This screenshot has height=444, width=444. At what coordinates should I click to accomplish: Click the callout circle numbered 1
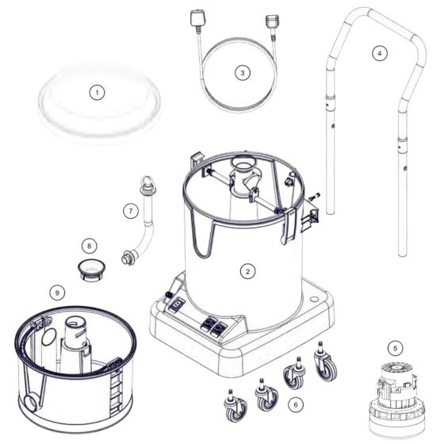point(97,92)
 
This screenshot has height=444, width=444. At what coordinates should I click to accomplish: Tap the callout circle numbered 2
point(247,271)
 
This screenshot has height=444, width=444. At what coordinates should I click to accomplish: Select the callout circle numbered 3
point(243,73)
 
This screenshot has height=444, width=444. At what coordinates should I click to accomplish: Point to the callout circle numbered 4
point(380,53)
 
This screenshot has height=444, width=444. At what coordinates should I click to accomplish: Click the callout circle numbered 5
point(396,348)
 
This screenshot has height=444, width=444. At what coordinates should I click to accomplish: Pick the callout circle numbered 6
point(296,404)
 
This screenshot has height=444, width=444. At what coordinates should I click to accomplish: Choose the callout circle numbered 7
point(131,211)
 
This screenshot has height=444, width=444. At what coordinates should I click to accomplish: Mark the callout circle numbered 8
point(89,246)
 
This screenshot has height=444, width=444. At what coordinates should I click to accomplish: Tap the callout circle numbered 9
point(57,293)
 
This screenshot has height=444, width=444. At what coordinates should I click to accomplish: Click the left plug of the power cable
point(196,19)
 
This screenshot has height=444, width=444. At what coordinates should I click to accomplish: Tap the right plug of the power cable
point(274,21)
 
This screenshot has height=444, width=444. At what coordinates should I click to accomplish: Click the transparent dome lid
point(99,102)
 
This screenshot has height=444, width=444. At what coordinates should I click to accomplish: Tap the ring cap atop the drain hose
point(147,183)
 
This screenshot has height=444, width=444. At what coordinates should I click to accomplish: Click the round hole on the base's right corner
point(314,299)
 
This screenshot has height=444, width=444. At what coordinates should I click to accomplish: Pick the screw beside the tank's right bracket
point(315,196)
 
